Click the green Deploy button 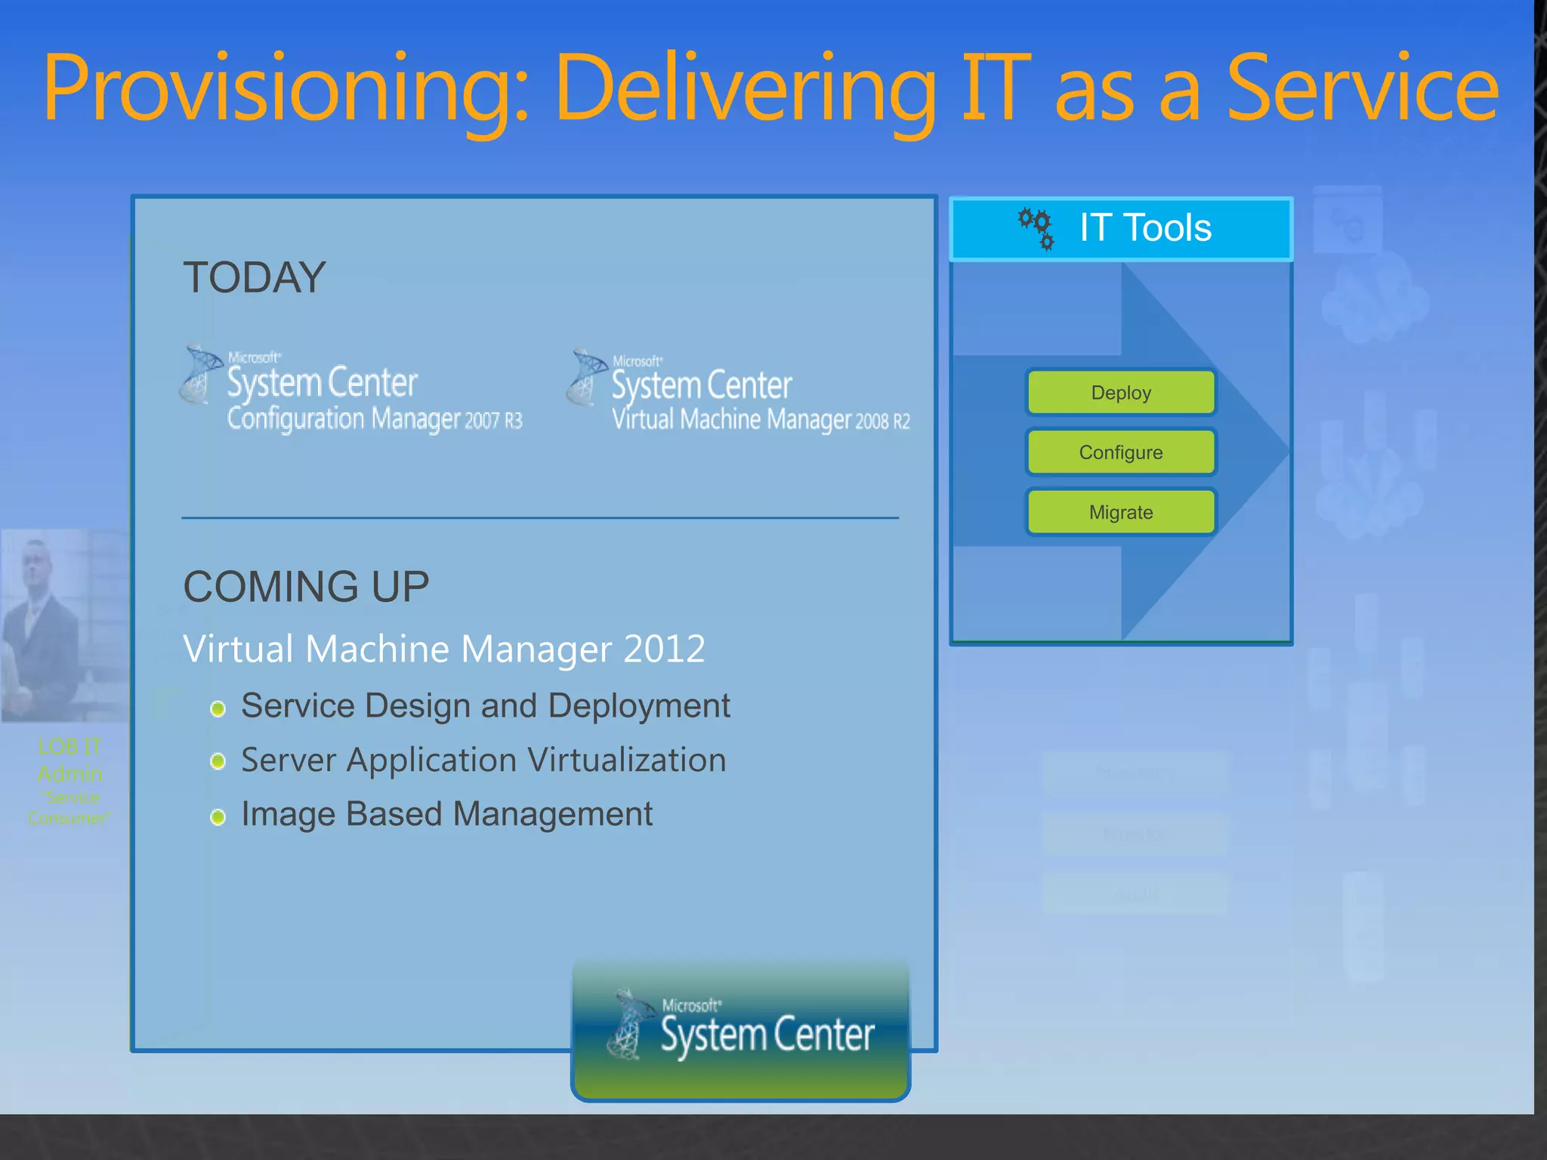[1121, 393]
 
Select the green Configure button [1121, 452]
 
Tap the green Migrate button [1121, 512]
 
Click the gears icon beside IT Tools [1036, 228]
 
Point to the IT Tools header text [1145, 228]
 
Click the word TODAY [255, 277]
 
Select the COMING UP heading [306, 587]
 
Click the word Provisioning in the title [287, 89]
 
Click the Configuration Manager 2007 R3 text [375, 419]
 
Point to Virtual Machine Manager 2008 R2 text [761, 420]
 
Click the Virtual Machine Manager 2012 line [444, 649]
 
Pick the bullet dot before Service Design [218, 708]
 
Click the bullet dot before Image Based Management [218, 817]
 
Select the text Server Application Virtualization [483, 760]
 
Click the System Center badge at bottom [740, 1031]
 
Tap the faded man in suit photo [64, 625]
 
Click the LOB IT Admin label [69, 760]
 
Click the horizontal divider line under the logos [539, 518]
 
